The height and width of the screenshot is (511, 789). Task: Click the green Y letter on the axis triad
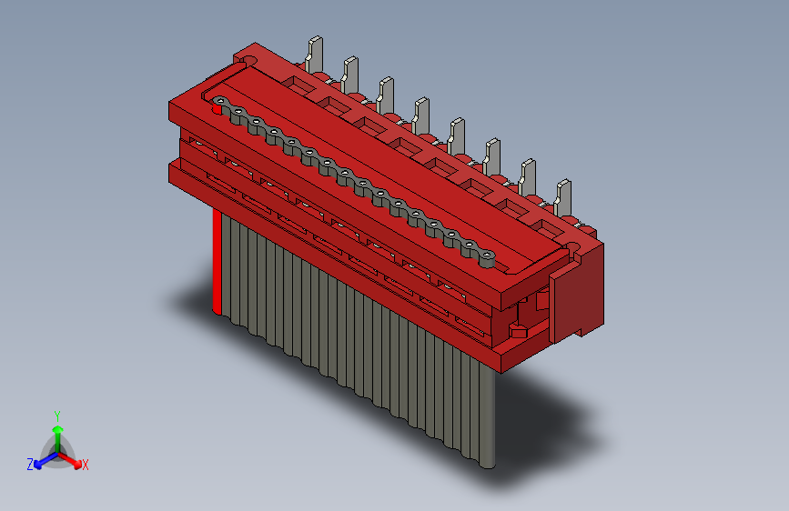pyautogui.click(x=57, y=415)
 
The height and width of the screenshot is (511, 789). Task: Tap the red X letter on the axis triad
pyautogui.click(x=86, y=466)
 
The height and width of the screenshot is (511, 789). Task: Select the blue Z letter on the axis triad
pyautogui.click(x=30, y=464)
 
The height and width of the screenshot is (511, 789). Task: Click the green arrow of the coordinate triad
pyautogui.click(x=57, y=433)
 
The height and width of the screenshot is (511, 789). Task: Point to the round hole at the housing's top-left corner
pyautogui.click(x=250, y=60)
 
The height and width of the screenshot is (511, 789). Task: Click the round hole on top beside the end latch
pyautogui.click(x=575, y=246)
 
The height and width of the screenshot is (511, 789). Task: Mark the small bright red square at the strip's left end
pyautogui.click(x=216, y=108)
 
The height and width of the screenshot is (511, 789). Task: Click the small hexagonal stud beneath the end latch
pyautogui.click(x=518, y=328)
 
